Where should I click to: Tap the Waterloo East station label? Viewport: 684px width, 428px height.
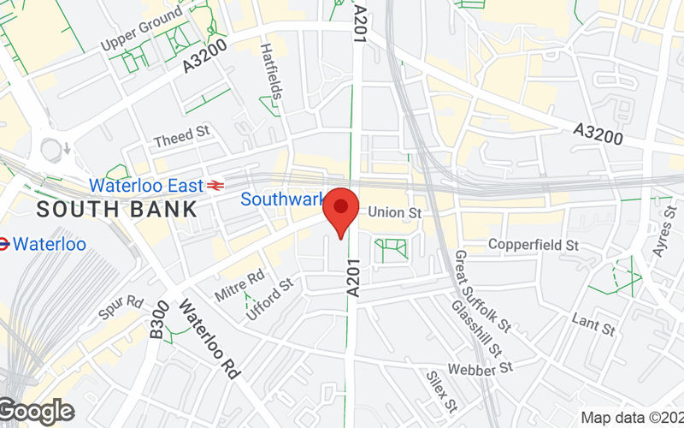click(x=146, y=185)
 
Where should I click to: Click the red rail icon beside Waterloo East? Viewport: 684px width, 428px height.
click(x=215, y=185)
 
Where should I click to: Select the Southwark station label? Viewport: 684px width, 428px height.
click(x=281, y=199)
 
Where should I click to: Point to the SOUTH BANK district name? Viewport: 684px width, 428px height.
click(x=117, y=208)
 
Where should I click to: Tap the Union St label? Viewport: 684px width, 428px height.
click(x=397, y=211)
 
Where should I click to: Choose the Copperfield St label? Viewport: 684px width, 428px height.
click(x=534, y=245)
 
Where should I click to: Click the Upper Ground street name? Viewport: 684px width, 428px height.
click(x=141, y=29)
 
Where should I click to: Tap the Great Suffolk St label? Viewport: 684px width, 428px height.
click(x=482, y=292)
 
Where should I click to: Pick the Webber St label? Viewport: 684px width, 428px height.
click(x=490, y=367)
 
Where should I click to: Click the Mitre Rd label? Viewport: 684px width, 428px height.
click(x=240, y=286)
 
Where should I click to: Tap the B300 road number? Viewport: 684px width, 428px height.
click(x=159, y=319)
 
